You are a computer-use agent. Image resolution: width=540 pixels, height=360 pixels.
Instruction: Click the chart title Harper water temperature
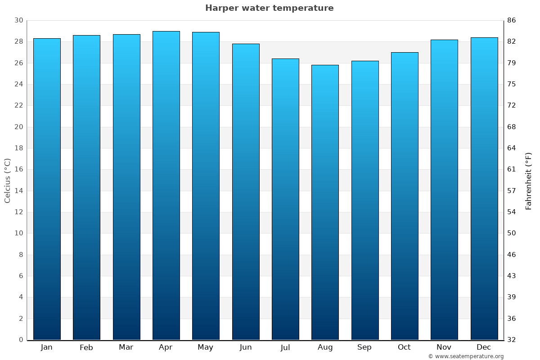coord(269,8)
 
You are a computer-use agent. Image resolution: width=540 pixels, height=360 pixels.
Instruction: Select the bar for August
coord(325,202)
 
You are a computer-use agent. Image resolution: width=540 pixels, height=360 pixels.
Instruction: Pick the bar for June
coord(246,192)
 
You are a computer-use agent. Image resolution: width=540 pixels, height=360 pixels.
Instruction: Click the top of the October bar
coord(405,53)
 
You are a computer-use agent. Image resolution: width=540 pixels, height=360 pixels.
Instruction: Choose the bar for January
coord(47,189)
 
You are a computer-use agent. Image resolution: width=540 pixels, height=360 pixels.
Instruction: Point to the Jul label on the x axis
coord(285,347)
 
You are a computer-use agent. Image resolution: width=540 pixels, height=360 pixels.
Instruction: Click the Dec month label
coord(484,347)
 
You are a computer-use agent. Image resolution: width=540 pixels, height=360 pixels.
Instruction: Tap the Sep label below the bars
coord(364,347)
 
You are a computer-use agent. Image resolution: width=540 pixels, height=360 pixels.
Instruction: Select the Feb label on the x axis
coord(86,347)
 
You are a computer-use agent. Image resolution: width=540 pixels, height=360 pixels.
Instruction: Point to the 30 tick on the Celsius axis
coord(18,20)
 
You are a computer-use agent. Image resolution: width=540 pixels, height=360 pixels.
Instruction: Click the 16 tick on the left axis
coord(18,169)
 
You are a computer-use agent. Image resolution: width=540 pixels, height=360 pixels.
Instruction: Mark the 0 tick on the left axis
coord(21,340)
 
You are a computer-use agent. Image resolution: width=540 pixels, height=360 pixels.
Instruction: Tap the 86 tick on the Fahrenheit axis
coord(512,20)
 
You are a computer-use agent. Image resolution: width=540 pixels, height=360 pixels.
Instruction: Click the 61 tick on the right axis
coord(512,169)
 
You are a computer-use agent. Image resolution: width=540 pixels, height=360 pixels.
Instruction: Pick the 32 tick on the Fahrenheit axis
coord(512,340)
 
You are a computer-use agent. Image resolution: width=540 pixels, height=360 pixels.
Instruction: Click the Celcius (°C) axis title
coord(7,180)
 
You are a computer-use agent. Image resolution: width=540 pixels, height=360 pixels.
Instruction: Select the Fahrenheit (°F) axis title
coord(529,180)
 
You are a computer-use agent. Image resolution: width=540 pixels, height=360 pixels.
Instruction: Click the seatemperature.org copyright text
coord(466,356)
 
